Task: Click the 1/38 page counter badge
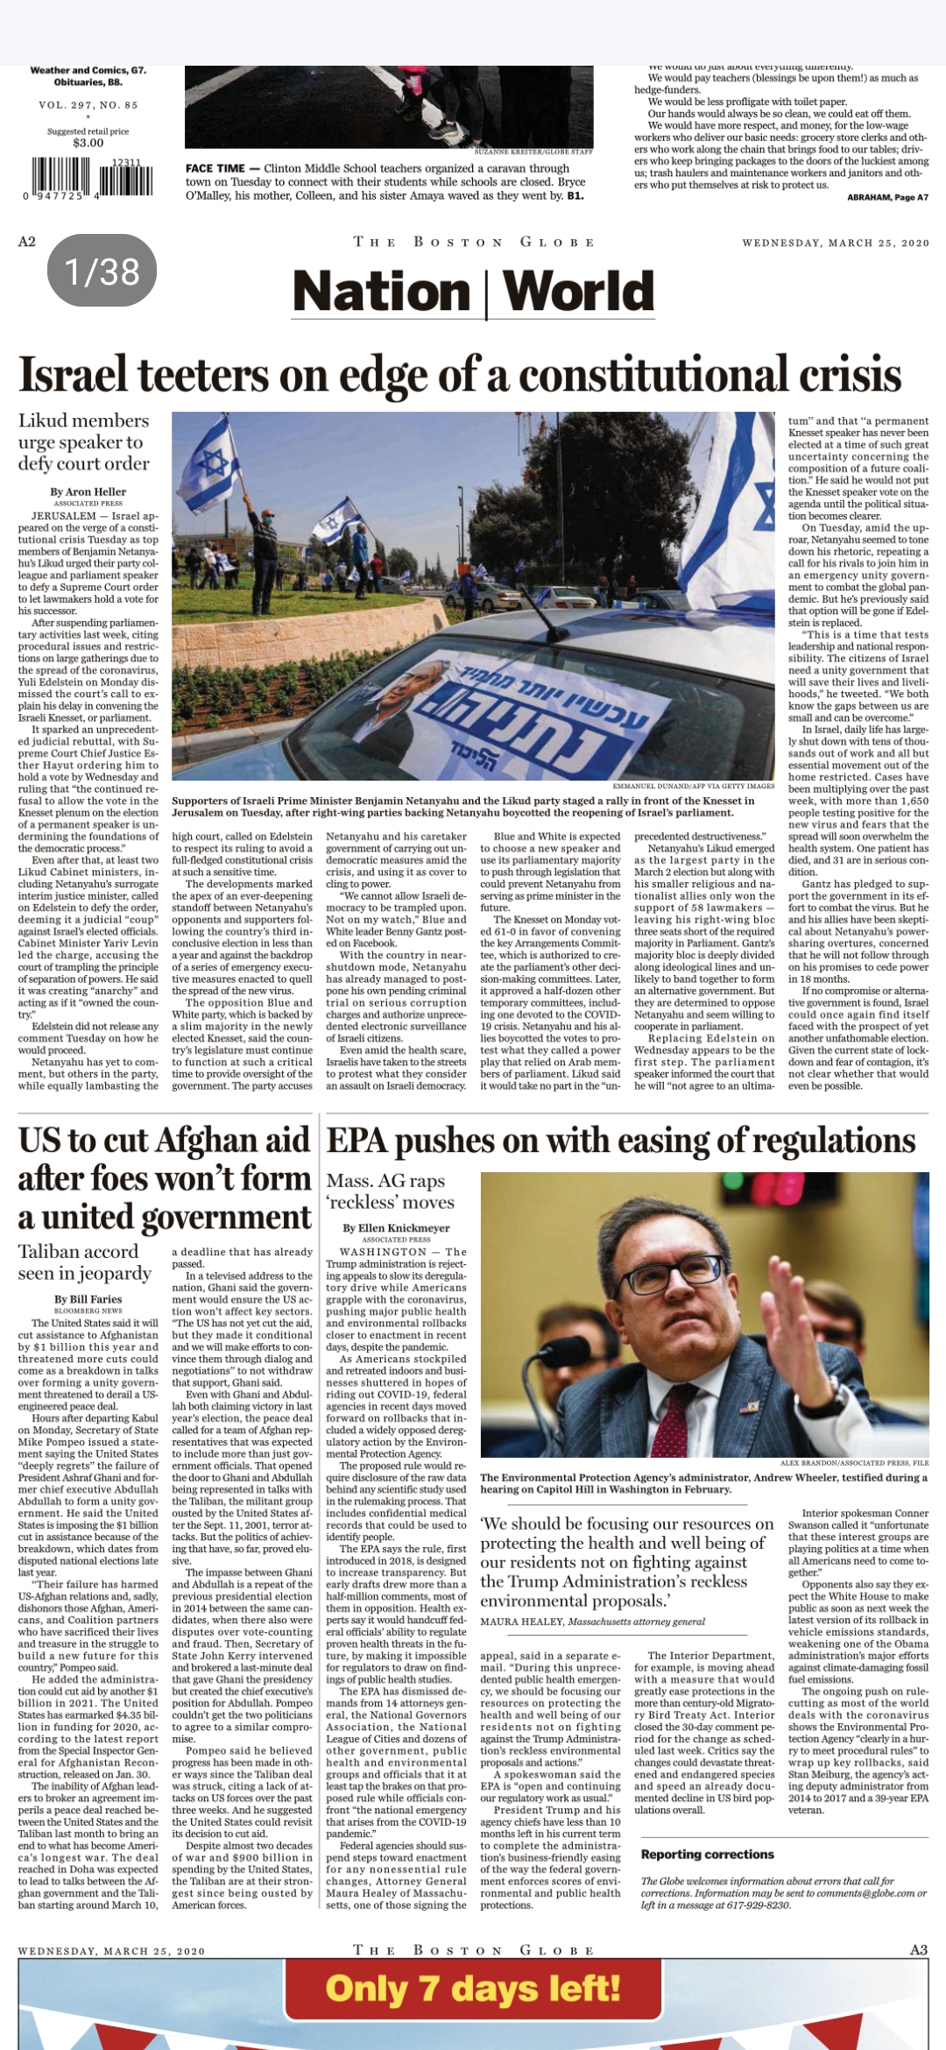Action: (x=102, y=271)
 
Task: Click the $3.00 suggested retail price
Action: (x=88, y=143)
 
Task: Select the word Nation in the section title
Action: (x=381, y=292)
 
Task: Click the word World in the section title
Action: (x=579, y=292)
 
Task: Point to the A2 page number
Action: (x=27, y=242)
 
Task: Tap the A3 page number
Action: (x=918, y=1949)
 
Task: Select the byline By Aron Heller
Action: (x=88, y=491)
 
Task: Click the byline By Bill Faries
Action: (x=88, y=1299)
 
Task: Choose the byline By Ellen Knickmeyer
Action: (x=396, y=1228)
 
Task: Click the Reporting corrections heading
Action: (x=707, y=1855)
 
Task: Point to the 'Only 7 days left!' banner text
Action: (x=473, y=1990)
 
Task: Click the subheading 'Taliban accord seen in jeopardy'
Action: (x=85, y=1262)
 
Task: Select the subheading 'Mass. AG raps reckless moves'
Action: (x=391, y=1191)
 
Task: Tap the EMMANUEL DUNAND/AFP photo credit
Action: (x=693, y=786)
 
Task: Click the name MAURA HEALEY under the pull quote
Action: (x=521, y=1622)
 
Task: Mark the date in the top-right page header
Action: (x=835, y=243)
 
